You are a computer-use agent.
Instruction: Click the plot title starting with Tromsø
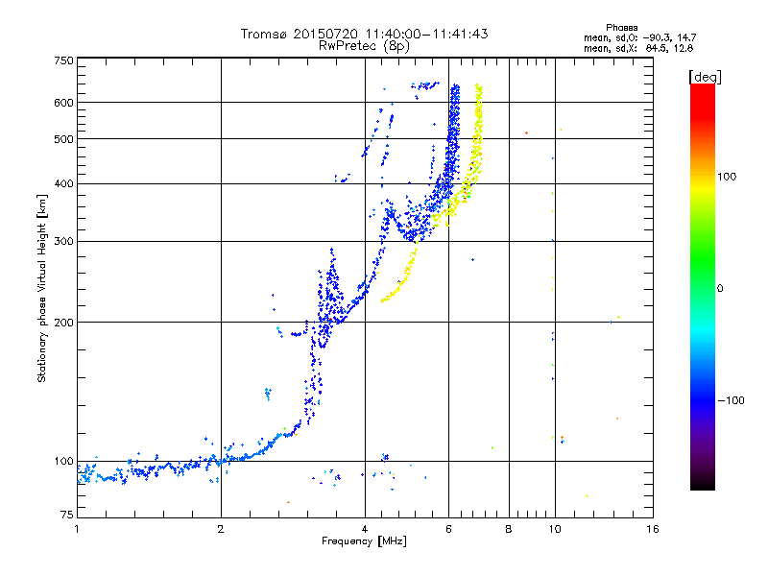point(364,34)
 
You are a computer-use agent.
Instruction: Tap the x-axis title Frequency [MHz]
point(364,542)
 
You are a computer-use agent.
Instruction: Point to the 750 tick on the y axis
point(63,60)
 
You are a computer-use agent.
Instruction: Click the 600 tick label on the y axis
point(63,102)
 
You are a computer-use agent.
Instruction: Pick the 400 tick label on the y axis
point(63,183)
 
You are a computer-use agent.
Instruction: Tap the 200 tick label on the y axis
point(63,322)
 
